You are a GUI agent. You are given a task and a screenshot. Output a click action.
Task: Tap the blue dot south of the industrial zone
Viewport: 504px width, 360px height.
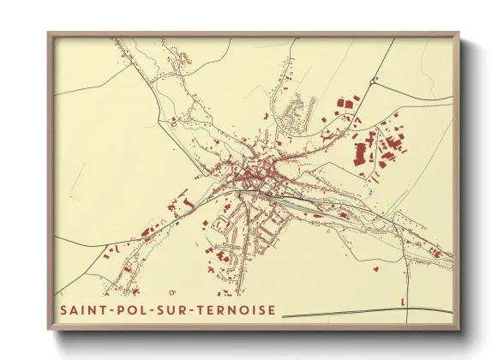coord(370,193)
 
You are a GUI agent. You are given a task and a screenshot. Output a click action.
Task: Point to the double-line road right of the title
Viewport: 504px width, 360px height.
coord(360,313)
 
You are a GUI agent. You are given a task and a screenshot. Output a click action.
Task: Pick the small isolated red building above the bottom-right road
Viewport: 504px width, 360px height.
coord(403,300)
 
